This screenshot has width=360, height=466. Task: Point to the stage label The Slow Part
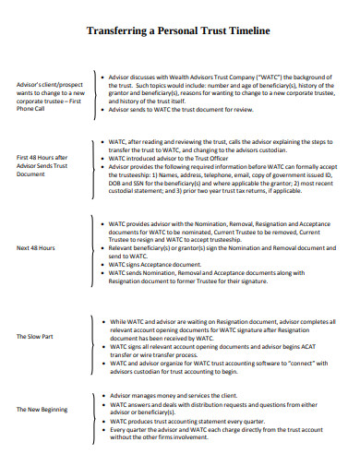[x=35, y=336]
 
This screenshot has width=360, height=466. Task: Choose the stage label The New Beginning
[x=42, y=409]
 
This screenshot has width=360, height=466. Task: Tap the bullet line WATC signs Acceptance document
[x=158, y=264]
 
